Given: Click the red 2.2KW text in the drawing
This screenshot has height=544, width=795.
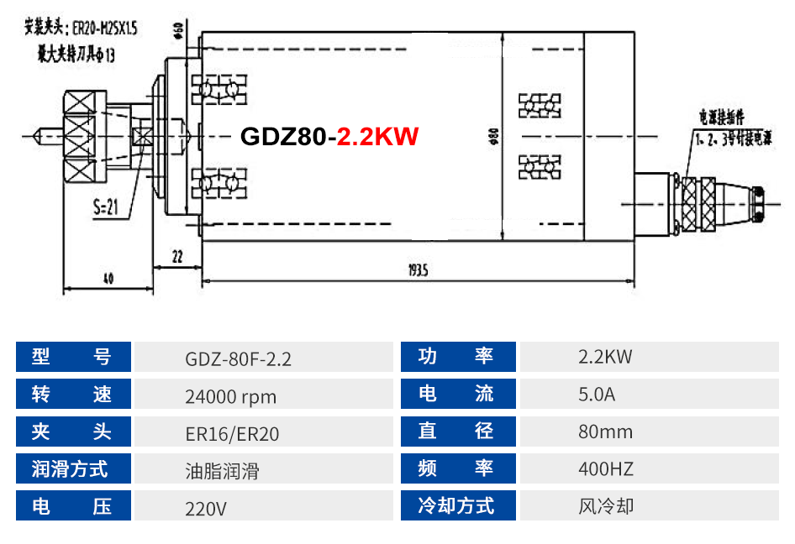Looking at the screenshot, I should click(x=377, y=137).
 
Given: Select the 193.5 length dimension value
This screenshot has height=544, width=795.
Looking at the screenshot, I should click(x=419, y=270).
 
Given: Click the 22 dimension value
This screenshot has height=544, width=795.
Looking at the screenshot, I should click(x=176, y=258).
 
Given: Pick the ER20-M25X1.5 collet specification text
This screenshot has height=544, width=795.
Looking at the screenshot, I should click(x=105, y=29).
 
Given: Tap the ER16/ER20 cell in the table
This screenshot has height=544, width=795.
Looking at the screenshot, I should click(x=232, y=433).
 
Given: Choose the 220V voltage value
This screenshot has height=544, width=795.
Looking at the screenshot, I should click(x=206, y=508).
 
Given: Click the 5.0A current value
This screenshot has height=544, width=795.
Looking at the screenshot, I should click(x=597, y=394).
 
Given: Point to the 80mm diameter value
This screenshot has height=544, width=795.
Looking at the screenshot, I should click(x=605, y=432).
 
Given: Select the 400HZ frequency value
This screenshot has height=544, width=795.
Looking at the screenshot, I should click(x=606, y=468).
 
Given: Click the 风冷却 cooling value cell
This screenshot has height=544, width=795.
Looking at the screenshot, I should click(x=606, y=506).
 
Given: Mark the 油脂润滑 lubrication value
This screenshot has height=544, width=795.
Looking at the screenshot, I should click(x=222, y=470).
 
